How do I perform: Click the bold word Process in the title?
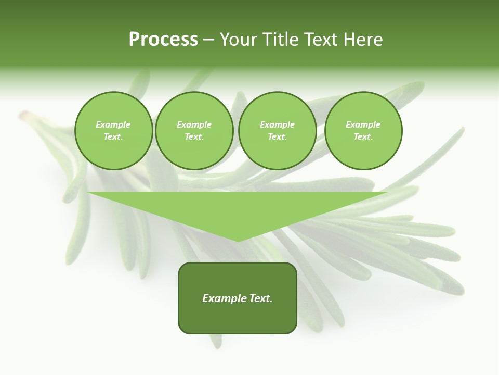point(163,40)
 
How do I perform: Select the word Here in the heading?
point(363,40)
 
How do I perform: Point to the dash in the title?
point(209,40)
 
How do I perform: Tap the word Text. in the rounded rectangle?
point(260,298)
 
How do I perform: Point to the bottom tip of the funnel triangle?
point(238,240)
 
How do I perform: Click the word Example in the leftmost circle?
point(113,124)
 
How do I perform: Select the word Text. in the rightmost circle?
point(363,136)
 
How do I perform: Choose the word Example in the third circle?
point(277,124)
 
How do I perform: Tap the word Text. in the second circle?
point(194,136)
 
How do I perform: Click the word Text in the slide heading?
point(321,40)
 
